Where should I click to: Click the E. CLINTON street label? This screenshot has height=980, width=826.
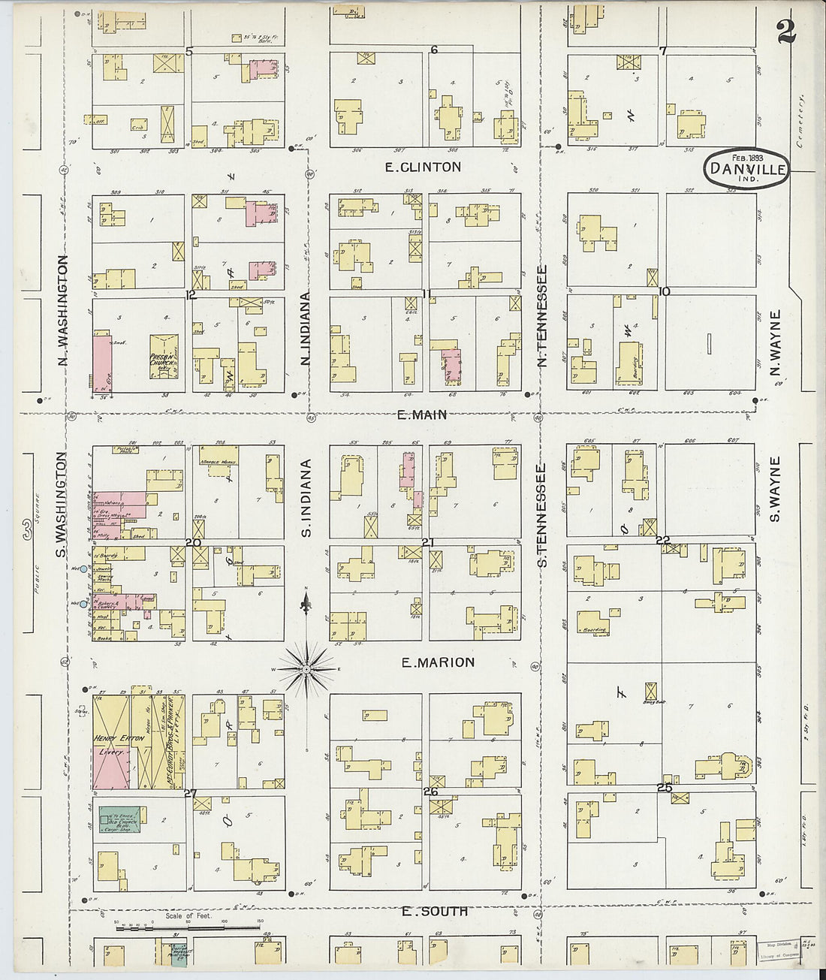[x=423, y=167]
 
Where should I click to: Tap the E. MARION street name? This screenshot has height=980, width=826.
[x=438, y=662]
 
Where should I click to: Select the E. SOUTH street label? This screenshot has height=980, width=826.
[x=435, y=912]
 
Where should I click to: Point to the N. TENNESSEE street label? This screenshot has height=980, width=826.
[x=541, y=315]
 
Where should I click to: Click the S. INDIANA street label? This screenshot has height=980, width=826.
[x=306, y=499]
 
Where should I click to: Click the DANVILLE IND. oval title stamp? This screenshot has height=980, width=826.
[x=746, y=169]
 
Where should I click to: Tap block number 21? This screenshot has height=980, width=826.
[x=428, y=541]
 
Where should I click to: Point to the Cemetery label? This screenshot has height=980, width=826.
[x=801, y=121]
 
